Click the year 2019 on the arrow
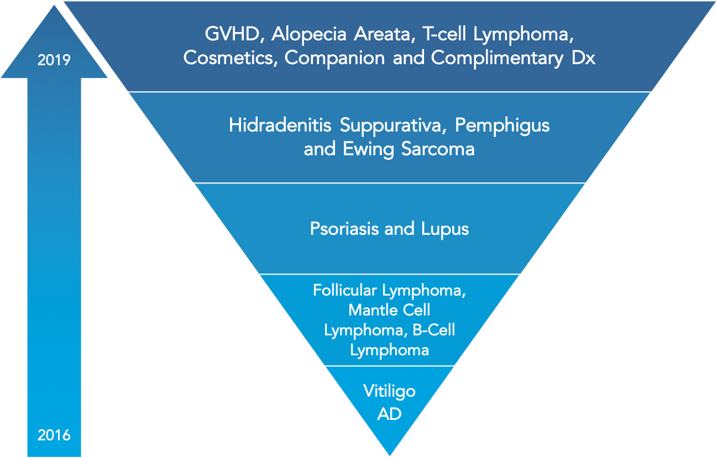click(54, 60)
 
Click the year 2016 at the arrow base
click(54, 435)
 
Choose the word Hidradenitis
click(280, 125)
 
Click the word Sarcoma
click(438, 149)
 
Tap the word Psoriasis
click(344, 229)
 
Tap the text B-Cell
click(434, 330)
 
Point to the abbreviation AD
click(389, 414)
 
